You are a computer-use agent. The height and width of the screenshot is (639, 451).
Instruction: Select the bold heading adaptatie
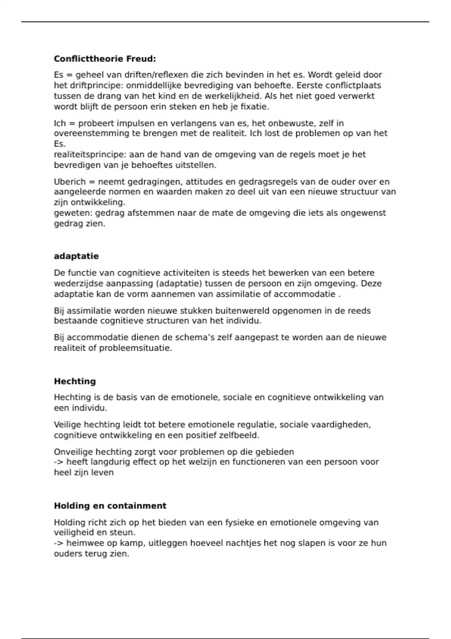click(76, 256)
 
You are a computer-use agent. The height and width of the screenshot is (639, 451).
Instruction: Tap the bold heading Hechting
click(75, 382)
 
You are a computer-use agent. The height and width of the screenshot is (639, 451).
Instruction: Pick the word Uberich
click(70, 182)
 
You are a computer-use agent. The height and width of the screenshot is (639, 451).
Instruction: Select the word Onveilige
click(73, 452)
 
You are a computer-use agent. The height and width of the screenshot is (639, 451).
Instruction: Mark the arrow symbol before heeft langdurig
click(59, 462)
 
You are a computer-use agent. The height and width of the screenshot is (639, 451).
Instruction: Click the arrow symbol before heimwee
click(59, 543)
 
